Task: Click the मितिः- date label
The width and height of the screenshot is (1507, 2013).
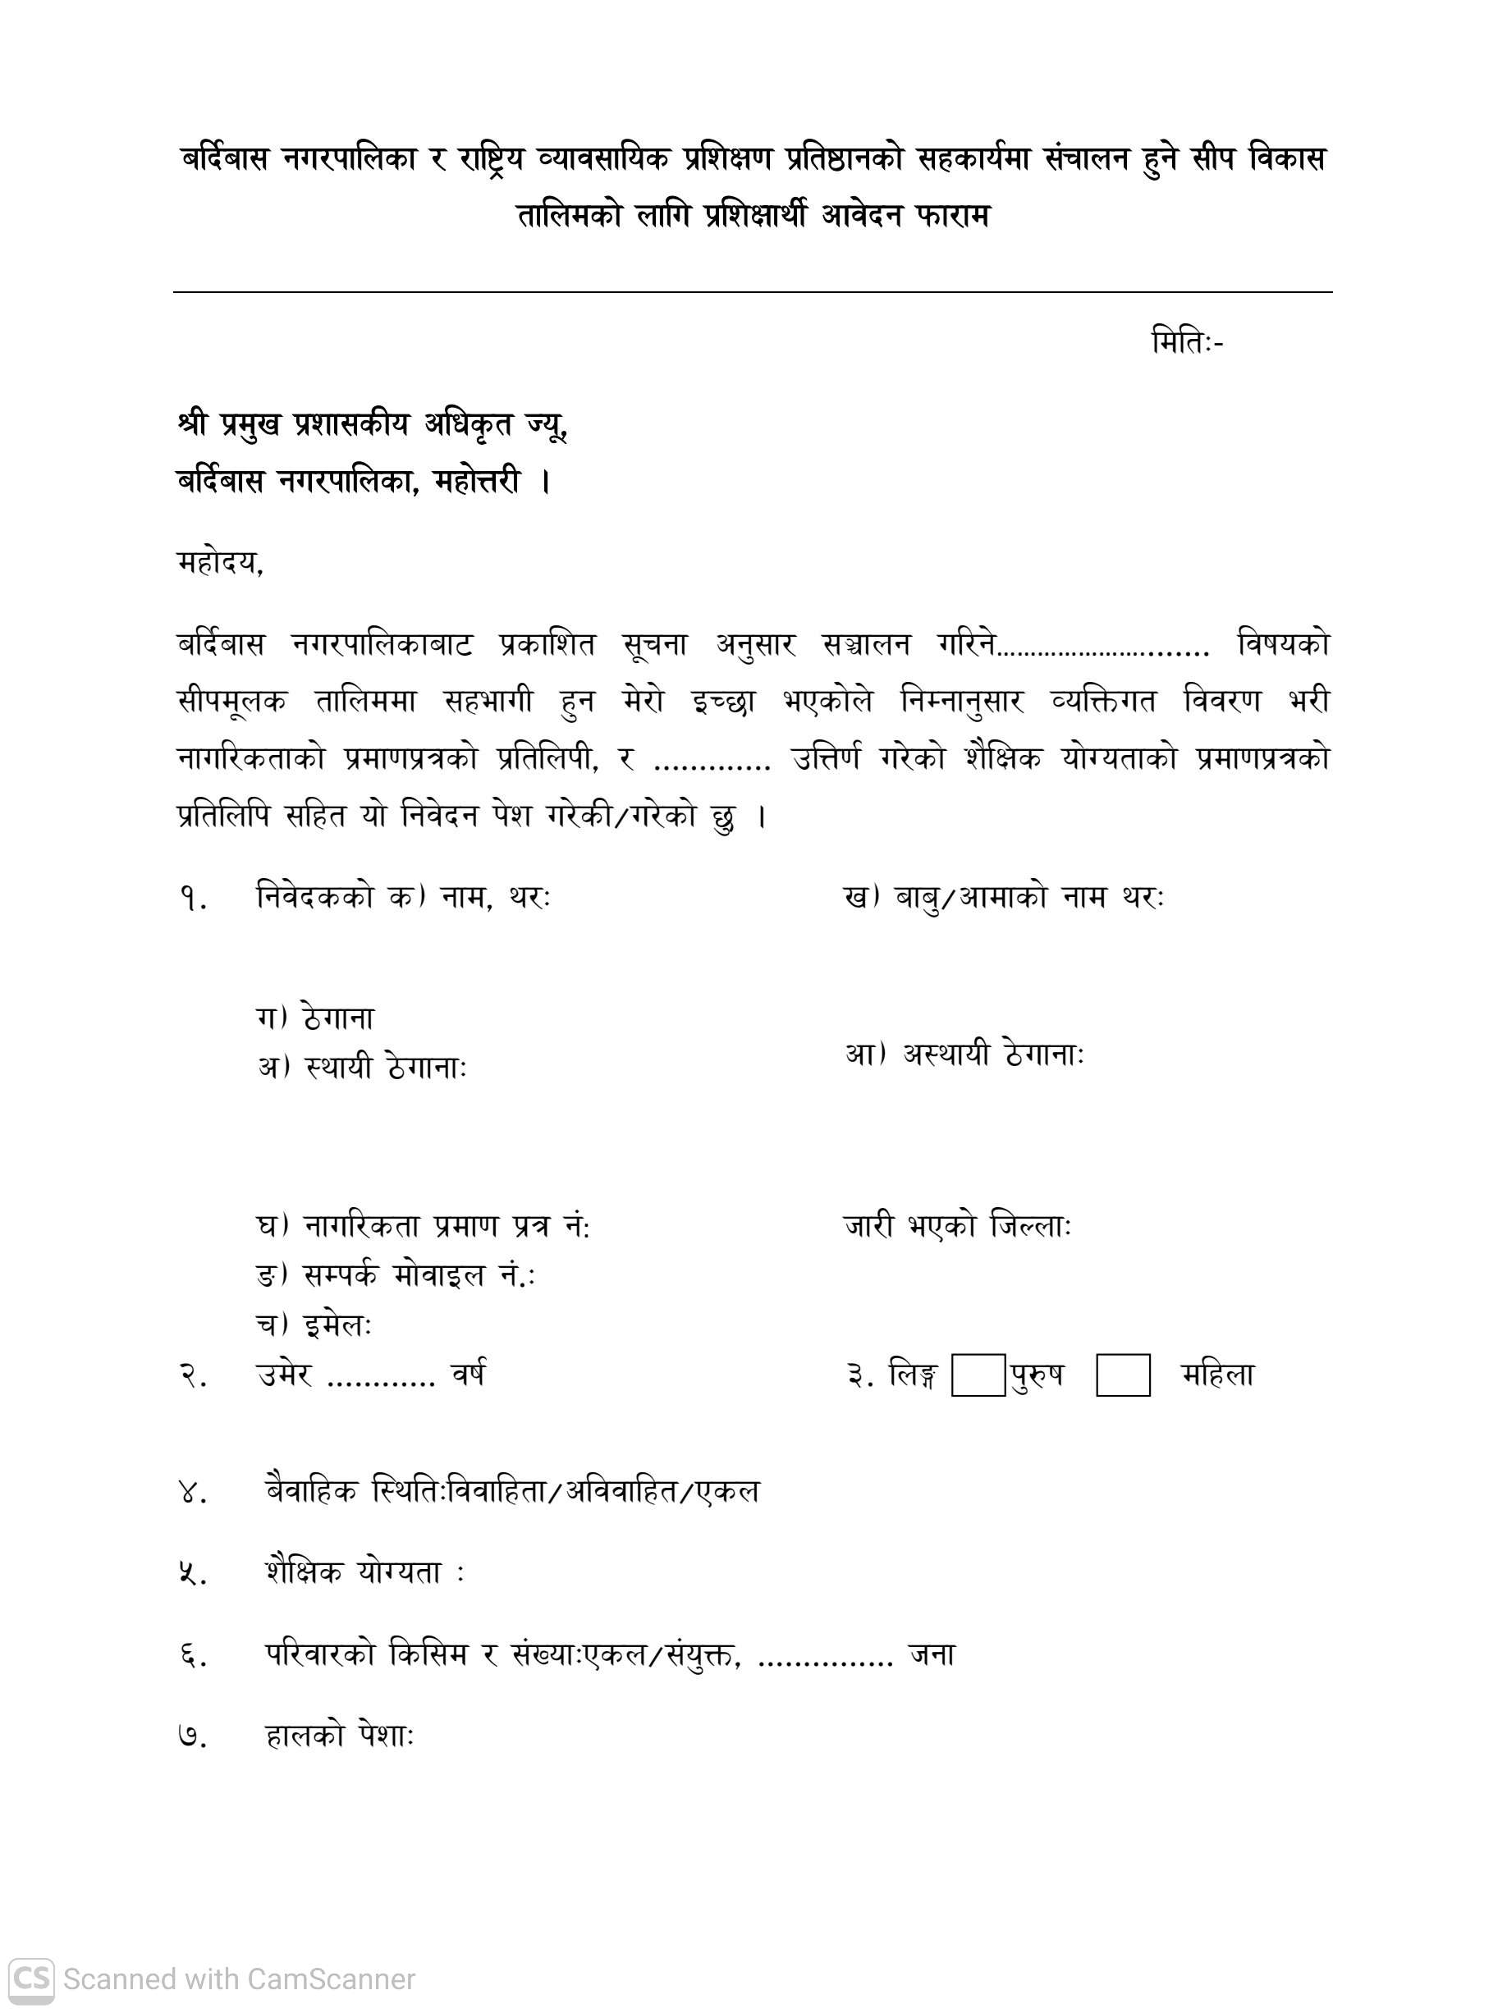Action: [1187, 343]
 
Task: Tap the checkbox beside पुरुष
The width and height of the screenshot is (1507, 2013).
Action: [978, 1375]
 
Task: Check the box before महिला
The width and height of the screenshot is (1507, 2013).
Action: [1122, 1375]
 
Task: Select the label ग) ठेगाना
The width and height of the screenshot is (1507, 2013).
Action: [315, 1018]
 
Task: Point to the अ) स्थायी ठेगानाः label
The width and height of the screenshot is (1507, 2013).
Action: [362, 1067]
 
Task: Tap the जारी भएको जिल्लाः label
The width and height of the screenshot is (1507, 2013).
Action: [957, 1226]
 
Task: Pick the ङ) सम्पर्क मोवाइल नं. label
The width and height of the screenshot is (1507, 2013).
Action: [396, 1276]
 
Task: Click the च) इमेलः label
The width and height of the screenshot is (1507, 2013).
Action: [314, 1325]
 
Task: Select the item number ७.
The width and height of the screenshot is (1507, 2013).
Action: [193, 1737]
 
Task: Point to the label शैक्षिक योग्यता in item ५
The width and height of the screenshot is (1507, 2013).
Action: [355, 1572]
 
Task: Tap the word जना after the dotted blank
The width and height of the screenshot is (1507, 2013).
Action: [932, 1654]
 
